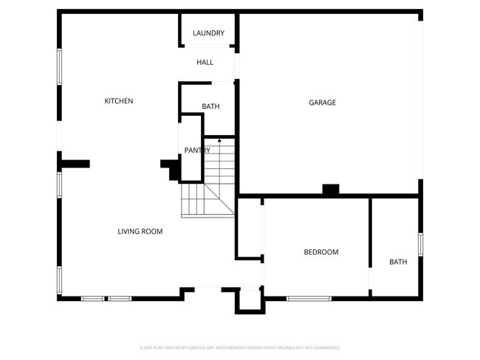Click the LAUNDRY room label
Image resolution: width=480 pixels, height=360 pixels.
point(208,33)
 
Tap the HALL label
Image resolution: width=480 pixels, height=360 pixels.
point(205,63)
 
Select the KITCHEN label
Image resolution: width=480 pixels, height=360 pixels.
point(118,101)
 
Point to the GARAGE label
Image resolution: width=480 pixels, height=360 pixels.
point(322,103)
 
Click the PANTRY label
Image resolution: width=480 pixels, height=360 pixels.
point(197,150)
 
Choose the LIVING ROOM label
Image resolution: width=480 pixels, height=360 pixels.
point(140,232)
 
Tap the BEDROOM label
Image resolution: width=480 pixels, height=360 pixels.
point(321,252)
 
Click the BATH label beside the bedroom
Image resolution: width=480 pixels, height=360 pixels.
point(398,262)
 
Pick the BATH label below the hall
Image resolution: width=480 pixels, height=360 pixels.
point(210,107)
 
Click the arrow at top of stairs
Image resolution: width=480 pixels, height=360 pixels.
point(219,139)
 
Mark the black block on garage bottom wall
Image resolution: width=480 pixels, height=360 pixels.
point(331,190)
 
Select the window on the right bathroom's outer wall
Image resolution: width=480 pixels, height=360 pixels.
point(420,244)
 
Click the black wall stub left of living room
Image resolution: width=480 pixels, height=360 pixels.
point(75,164)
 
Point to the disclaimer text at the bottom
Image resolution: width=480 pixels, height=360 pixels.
point(239,347)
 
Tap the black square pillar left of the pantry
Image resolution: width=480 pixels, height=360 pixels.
point(171,170)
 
